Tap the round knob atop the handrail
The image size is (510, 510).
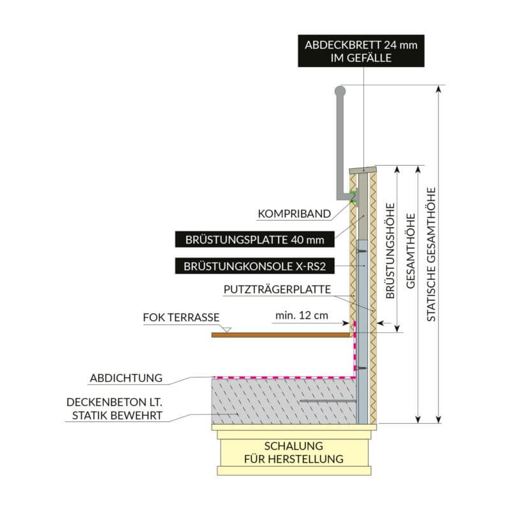pos(340,91)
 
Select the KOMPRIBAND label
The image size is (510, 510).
pos(294,214)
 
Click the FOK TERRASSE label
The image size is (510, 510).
pos(181,317)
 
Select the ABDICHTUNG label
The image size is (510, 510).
pos(126,378)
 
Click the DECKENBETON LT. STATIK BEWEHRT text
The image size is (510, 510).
pos(114,410)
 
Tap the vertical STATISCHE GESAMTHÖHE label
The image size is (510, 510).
pos(432,254)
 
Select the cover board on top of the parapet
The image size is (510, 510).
pos(363,170)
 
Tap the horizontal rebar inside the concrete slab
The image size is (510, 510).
pos(325,401)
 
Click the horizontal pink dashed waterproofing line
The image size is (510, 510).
pos(280,377)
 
